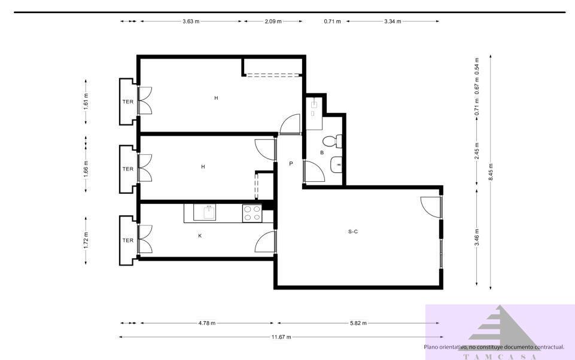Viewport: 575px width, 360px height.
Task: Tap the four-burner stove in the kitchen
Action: point(252,213)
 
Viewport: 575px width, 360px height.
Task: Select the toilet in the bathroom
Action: point(330,141)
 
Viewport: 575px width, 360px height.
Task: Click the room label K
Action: point(200,236)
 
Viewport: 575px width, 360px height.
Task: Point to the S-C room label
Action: point(353,231)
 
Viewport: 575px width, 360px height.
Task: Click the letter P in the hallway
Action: point(291,163)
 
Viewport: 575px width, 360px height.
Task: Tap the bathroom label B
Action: point(322,153)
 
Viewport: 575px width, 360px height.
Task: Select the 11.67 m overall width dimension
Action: point(281,337)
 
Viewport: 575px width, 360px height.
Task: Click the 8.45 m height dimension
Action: point(491,171)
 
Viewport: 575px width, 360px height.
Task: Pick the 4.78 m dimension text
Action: point(207,323)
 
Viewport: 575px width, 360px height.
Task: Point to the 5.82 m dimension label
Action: point(358,323)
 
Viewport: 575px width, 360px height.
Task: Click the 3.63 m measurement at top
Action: point(191,21)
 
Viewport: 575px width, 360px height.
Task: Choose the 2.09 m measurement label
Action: point(273,21)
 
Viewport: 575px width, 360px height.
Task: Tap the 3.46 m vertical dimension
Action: point(477,237)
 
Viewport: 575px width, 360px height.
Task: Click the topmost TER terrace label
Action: point(128,102)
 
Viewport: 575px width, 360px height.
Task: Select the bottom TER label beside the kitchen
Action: point(128,240)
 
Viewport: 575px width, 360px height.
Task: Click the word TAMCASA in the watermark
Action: point(500,356)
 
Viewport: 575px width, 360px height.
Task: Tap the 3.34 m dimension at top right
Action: point(393,21)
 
